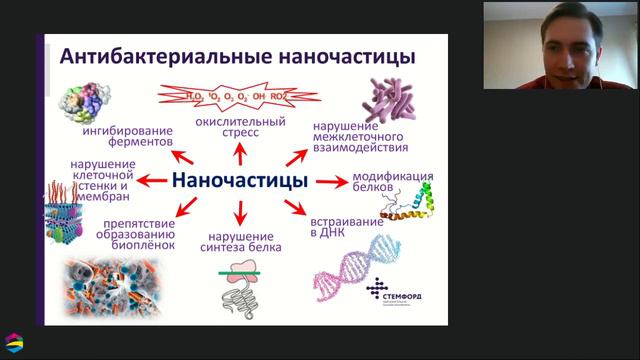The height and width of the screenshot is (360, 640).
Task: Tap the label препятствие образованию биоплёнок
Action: click(x=126, y=229)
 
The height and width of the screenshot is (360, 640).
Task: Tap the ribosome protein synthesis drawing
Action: click(x=239, y=284)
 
